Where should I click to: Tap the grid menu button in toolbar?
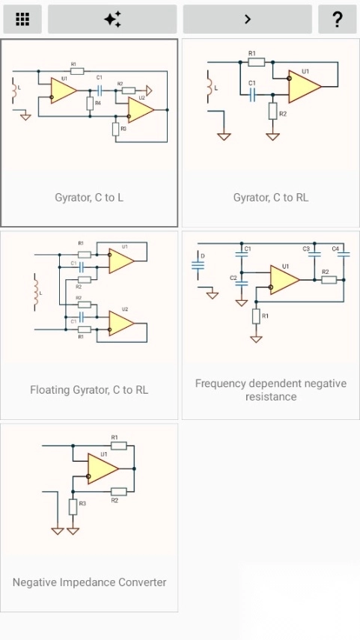coord(22,19)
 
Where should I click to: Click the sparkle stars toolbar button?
coord(112,19)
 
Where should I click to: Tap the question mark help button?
coord(337,19)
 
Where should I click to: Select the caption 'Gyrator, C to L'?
coord(89,198)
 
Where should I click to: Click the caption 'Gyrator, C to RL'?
coord(271,198)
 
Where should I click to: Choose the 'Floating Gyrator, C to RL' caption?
coord(89,390)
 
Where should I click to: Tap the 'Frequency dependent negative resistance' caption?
coord(271,390)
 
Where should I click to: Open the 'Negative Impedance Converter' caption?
coord(89,582)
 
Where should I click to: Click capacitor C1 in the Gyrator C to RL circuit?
coord(253,95)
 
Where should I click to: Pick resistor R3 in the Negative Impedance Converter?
coord(73,507)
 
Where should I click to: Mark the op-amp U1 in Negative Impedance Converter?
coord(103,469)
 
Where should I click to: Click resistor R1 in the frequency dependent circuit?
coord(257,316)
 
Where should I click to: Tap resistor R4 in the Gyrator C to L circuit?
coord(89,103)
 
